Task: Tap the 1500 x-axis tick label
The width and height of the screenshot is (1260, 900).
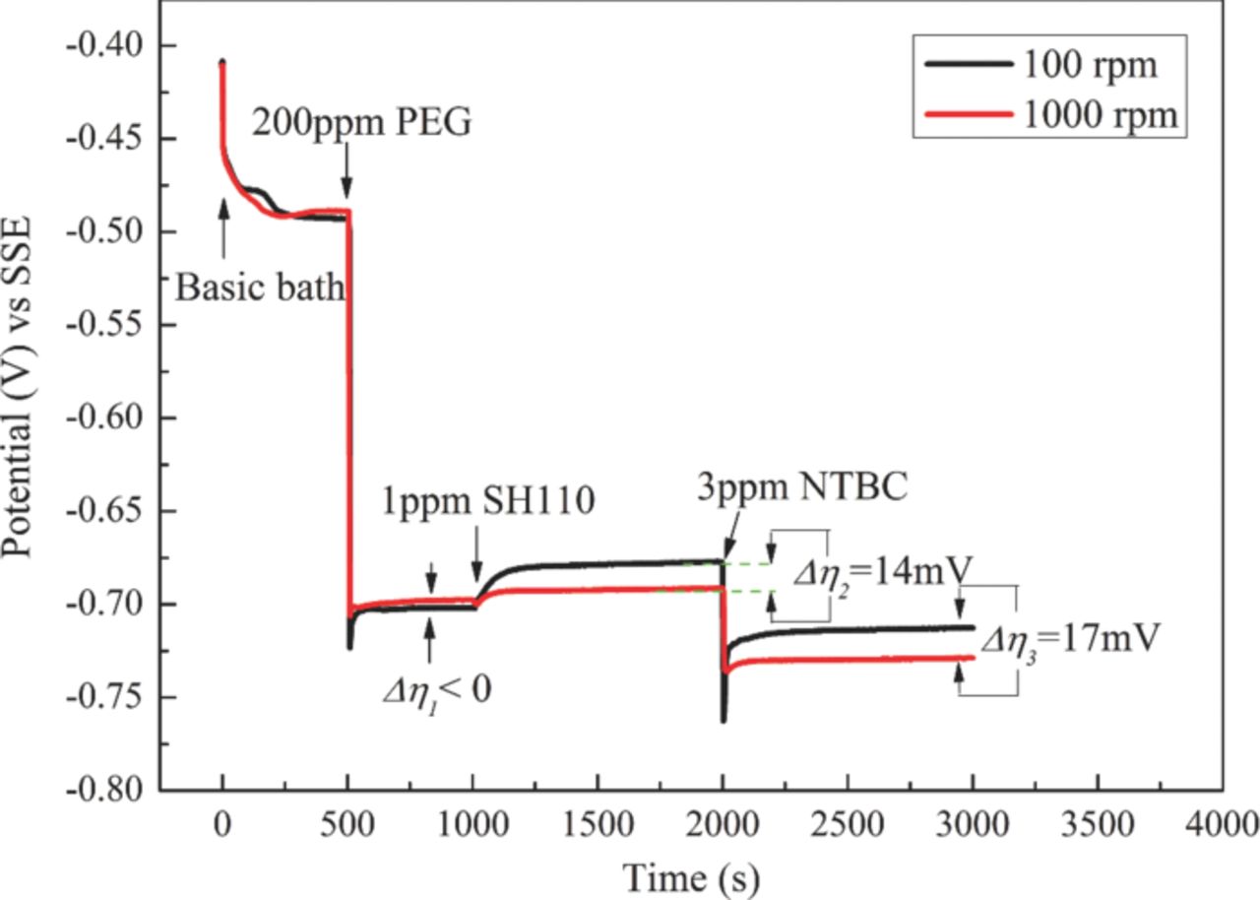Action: [x=598, y=821]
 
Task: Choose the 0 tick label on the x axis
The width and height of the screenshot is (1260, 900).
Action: [x=222, y=821]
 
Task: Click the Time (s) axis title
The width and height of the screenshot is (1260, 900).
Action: [x=689, y=871]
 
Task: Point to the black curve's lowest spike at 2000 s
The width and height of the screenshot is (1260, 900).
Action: [x=724, y=721]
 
